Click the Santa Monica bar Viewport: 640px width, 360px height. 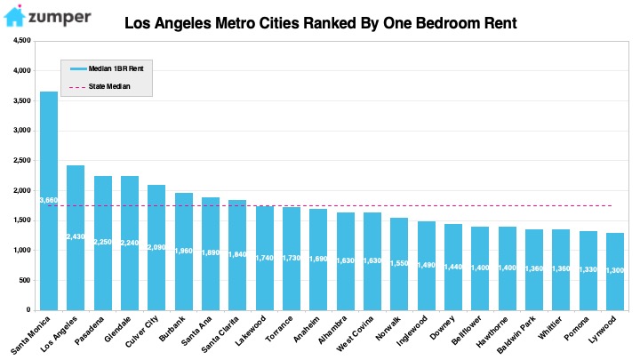point(49,201)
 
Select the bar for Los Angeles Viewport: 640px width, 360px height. point(76,238)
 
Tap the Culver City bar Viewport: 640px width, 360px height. point(156,248)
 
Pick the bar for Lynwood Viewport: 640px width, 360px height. point(615,272)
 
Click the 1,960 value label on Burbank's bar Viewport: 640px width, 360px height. point(184,251)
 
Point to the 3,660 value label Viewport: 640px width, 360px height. point(49,200)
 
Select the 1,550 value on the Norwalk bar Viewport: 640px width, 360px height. point(399,263)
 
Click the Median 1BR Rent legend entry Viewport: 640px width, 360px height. point(107,68)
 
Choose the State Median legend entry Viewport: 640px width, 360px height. point(100,86)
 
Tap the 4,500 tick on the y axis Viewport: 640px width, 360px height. point(22,40)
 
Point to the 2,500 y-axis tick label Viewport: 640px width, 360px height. point(22,160)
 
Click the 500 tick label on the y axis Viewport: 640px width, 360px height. point(25,280)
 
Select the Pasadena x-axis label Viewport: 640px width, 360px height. point(90,330)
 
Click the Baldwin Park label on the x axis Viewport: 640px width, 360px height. point(516,335)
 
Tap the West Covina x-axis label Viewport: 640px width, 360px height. point(355,334)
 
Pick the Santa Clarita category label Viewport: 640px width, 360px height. point(220,335)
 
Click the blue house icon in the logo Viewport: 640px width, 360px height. point(15,16)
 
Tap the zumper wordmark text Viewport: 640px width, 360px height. point(60,18)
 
